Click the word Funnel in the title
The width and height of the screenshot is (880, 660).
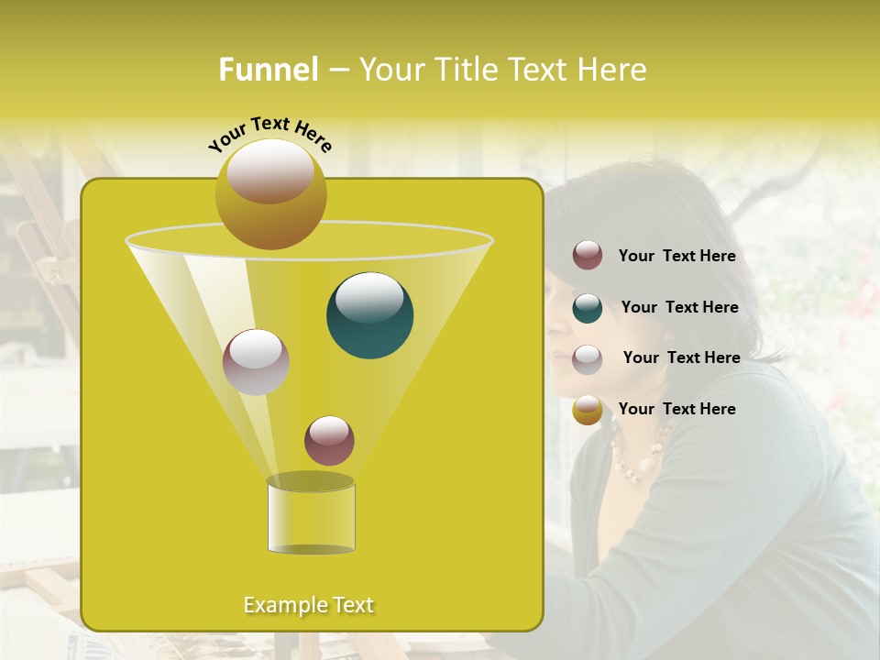coord(269,70)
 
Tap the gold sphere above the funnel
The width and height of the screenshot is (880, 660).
coord(270,193)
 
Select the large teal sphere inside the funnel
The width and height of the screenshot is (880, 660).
coord(369,314)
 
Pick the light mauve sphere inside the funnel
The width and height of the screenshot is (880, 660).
coord(256,361)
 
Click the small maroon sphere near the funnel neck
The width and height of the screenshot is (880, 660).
coord(329,440)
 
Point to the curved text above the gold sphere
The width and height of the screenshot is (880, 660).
coord(269,134)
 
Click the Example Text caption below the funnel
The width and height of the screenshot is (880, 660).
coord(308,605)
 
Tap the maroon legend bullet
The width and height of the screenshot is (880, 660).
coord(588,256)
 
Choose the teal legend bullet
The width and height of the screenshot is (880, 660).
coord(588,307)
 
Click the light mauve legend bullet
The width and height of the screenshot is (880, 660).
coord(588,358)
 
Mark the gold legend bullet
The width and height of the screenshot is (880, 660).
coord(588,410)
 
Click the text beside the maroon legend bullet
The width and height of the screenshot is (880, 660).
coord(676,257)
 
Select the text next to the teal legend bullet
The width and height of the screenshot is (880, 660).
coord(679,307)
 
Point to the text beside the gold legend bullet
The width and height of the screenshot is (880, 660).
coord(676,409)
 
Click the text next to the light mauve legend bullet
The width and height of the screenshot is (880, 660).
coord(681,357)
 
